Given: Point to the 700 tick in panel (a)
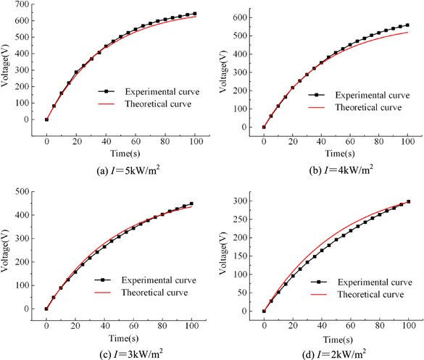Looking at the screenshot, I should (x=22, y=6).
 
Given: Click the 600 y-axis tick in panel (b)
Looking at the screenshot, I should (x=239, y=15).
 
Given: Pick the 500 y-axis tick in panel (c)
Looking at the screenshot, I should (x=22, y=192).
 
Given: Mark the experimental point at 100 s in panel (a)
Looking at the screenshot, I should (x=194, y=14).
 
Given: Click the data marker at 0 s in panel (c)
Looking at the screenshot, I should (x=46, y=309).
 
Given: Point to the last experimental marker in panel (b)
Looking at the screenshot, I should (x=407, y=25).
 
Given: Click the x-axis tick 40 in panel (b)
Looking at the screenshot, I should (x=321, y=136).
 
